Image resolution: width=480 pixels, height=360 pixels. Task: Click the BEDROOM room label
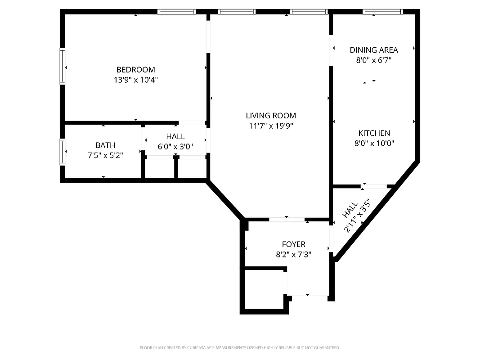click(135, 70)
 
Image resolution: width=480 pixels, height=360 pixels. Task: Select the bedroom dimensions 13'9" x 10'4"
click(135, 80)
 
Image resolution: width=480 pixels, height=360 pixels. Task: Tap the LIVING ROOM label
click(271, 116)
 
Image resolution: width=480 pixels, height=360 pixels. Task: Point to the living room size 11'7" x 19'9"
click(271, 126)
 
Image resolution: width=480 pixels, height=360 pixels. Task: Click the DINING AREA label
click(374, 50)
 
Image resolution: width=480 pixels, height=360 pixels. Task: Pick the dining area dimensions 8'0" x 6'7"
click(374, 60)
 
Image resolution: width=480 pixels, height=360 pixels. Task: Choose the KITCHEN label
click(374, 133)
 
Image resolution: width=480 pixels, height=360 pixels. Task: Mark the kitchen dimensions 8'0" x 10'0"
click(374, 144)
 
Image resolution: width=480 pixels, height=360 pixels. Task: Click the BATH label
click(105, 145)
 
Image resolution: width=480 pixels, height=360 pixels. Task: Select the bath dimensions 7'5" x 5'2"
click(105, 155)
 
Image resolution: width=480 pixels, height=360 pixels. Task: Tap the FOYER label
click(293, 244)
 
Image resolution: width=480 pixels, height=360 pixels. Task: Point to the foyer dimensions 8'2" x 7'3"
click(293, 254)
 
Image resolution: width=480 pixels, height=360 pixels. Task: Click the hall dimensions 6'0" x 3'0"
click(175, 146)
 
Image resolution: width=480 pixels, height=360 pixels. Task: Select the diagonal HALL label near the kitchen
click(350, 211)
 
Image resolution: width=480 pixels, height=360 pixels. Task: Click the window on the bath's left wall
click(63, 152)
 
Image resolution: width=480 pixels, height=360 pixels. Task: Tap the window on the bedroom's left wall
click(63, 66)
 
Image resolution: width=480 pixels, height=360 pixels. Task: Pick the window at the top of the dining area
click(383, 12)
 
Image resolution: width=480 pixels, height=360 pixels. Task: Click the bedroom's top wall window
click(176, 12)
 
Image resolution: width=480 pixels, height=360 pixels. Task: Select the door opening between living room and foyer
click(287, 220)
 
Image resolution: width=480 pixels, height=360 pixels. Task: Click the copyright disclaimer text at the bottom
click(240, 348)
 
